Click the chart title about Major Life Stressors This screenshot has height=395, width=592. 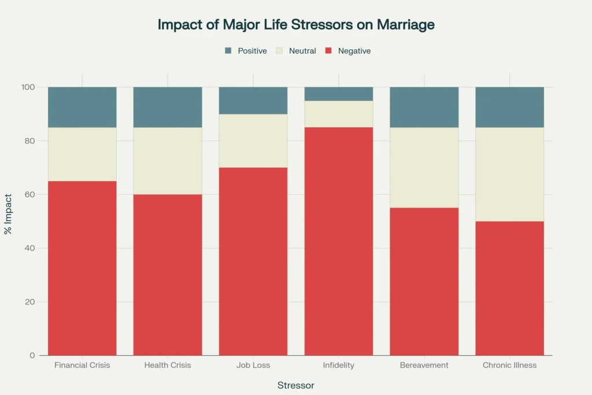pyautogui.click(x=296, y=25)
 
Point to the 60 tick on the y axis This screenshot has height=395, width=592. pyautogui.click(x=28, y=194)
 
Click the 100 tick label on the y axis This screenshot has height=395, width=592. pyautogui.click(x=28, y=87)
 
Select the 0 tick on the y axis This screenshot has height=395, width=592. pyautogui.click(x=32, y=355)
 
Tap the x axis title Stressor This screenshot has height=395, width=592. pyautogui.click(x=295, y=385)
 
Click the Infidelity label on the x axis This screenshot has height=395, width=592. pyautogui.click(x=339, y=366)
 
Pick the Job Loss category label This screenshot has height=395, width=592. pyautogui.click(x=253, y=366)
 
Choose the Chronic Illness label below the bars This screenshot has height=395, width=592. pyautogui.click(x=509, y=366)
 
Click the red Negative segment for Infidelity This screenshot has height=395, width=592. pyautogui.click(x=339, y=241)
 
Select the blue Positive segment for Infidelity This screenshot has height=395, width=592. pyautogui.click(x=339, y=94)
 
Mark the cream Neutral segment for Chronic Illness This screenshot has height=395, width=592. pyautogui.click(x=509, y=174)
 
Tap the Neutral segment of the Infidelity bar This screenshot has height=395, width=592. pyautogui.click(x=339, y=114)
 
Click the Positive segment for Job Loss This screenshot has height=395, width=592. pyautogui.click(x=253, y=101)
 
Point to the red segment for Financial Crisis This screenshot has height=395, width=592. pyautogui.click(x=82, y=268)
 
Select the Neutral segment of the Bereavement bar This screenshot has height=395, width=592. pyautogui.click(x=424, y=167)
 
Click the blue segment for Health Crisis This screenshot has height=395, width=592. pyautogui.click(x=168, y=107)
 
